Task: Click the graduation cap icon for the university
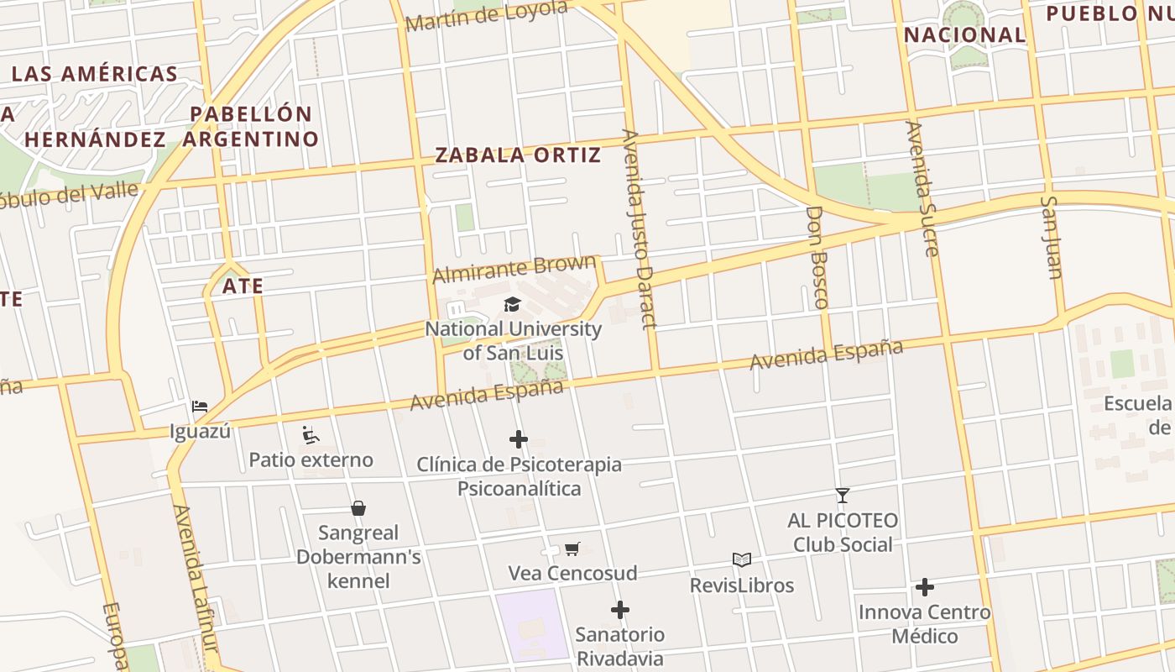(x=512, y=305)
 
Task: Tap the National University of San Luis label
(x=513, y=340)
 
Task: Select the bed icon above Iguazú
(x=200, y=407)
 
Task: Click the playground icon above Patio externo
(x=311, y=435)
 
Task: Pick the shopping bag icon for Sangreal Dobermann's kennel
(x=358, y=508)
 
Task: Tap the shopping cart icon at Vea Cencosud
(x=572, y=549)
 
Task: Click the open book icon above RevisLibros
(x=742, y=559)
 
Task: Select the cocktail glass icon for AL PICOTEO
(x=843, y=496)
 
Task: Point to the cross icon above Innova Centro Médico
(x=925, y=587)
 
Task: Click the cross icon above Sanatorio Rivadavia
(x=620, y=609)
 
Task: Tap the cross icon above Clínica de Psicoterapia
(x=519, y=439)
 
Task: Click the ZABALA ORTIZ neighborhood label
(x=518, y=155)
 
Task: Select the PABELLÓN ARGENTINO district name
(x=251, y=126)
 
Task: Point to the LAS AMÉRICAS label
(x=95, y=74)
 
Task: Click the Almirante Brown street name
(x=514, y=270)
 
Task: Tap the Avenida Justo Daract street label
(x=639, y=228)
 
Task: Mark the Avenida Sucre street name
(x=921, y=188)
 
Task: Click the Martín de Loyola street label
(x=486, y=16)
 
